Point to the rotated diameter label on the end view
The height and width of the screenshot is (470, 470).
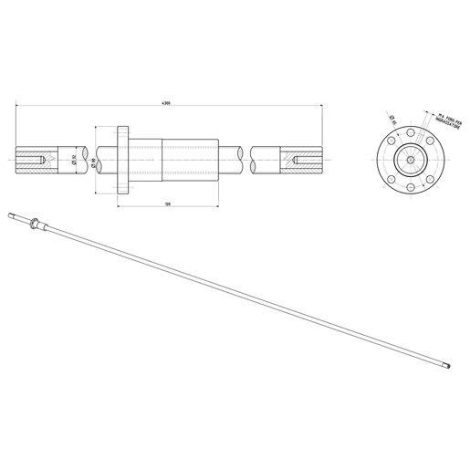click(392, 118)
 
